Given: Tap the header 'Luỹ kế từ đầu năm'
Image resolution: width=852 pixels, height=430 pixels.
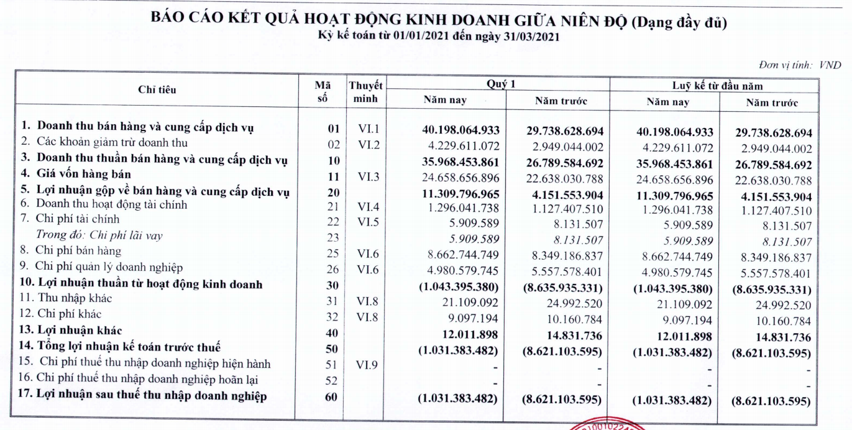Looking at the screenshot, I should pyautogui.click(x=721, y=86).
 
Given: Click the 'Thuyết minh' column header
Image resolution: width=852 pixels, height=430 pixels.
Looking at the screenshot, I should pyautogui.click(x=365, y=92).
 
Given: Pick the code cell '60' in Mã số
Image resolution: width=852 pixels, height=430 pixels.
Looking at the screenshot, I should pyautogui.click(x=330, y=396).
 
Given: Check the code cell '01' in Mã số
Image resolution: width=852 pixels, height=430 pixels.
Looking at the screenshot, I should pyautogui.click(x=332, y=130).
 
